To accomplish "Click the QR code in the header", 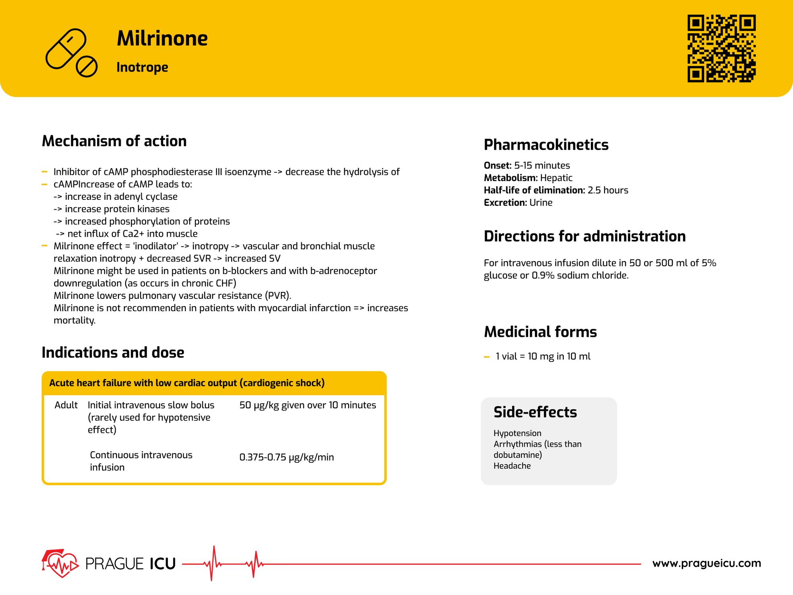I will [721, 48].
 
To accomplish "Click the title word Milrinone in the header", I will [162, 38].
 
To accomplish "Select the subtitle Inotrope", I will [142, 67].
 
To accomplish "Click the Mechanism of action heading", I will [114, 141].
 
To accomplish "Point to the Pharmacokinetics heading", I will [546, 145].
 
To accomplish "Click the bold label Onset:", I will [497, 165].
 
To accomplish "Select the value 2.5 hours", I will [608, 190].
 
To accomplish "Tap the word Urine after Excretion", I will [541, 203].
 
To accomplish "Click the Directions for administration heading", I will [584, 236].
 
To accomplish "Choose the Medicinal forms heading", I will [540, 332].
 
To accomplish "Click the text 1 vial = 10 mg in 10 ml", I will [543, 356].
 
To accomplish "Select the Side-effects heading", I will [535, 412].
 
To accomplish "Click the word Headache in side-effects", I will [512, 466].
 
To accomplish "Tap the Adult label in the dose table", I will [66, 405].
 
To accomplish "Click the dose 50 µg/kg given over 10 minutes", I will [307, 405].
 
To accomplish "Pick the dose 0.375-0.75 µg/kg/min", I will [286, 457].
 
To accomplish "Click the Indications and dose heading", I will [113, 352].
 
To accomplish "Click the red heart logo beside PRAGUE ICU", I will [60, 564].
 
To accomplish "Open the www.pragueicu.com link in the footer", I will [706, 563].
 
